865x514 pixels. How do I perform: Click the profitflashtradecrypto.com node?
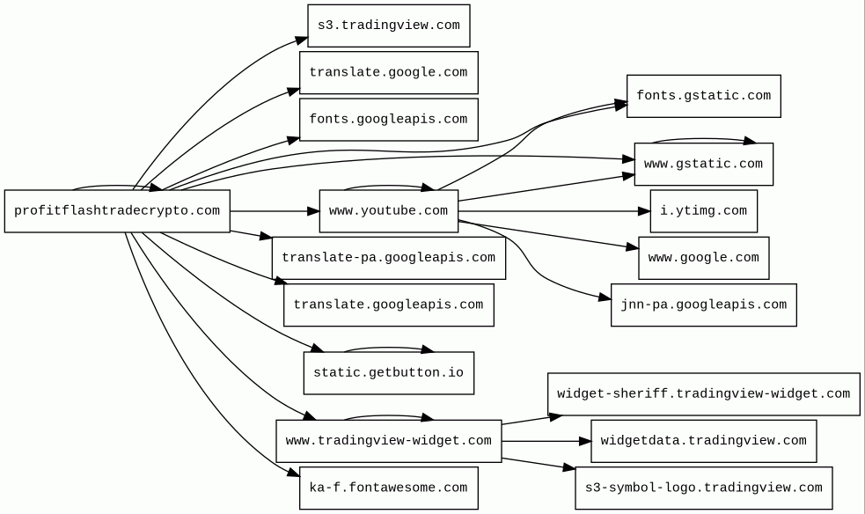click(x=117, y=211)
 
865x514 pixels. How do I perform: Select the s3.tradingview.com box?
click(x=389, y=26)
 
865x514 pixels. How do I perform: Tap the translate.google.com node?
click(x=389, y=73)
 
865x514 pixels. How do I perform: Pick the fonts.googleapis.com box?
click(x=389, y=120)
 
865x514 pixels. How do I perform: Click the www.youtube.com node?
click(x=389, y=211)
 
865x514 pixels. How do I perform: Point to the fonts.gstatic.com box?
click(x=704, y=96)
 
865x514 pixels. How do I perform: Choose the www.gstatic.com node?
click(x=704, y=165)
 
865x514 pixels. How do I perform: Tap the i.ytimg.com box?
click(x=704, y=211)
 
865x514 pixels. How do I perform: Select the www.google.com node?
click(x=704, y=258)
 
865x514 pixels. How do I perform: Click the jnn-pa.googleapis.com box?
click(x=704, y=305)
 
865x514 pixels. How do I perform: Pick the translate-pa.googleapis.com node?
click(x=389, y=258)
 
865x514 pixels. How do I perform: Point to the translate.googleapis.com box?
click(x=389, y=305)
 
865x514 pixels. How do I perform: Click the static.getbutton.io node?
click(x=389, y=373)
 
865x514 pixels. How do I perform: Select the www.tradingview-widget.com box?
click(x=389, y=441)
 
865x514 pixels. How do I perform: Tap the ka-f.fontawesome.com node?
click(x=389, y=488)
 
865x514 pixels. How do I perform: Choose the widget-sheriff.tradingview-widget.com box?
click(x=704, y=394)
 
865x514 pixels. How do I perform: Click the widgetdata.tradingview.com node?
click(x=704, y=441)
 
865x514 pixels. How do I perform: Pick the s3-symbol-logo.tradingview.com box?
click(x=704, y=488)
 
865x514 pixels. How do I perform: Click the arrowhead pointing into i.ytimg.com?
click(x=644, y=211)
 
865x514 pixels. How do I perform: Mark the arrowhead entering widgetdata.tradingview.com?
click(x=585, y=441)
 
